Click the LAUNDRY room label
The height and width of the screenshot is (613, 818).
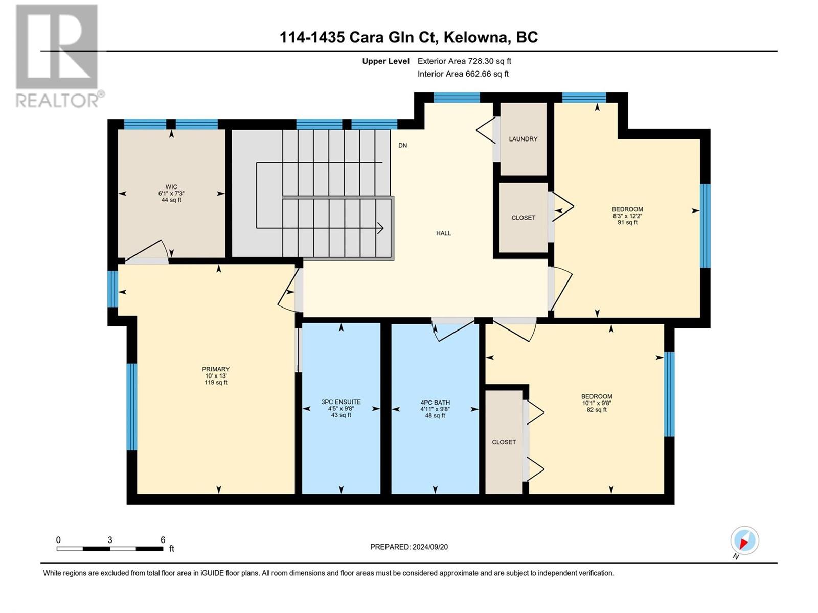[523, 139]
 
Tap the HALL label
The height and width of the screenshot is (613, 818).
[443, 233]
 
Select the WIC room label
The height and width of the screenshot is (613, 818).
[171, 187]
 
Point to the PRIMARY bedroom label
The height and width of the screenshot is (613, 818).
[216, 369]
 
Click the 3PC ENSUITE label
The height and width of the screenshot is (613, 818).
[341, 402]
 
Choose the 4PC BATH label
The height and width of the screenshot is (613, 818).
[435, 403]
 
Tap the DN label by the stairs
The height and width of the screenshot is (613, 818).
[402, 145]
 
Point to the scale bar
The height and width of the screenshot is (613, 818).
[110, 549]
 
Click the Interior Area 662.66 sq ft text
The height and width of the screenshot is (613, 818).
[463, 74]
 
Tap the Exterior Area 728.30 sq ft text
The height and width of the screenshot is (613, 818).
[464, 61]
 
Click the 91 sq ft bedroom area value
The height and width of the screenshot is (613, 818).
[628, 222]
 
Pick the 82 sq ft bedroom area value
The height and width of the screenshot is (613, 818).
[597, 409]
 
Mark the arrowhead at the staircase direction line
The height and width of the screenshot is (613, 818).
[381, 228]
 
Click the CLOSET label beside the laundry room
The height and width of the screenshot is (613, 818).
[523, 218]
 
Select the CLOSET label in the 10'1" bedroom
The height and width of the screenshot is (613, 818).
[504, 442]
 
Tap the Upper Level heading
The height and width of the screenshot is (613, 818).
[385, 61]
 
